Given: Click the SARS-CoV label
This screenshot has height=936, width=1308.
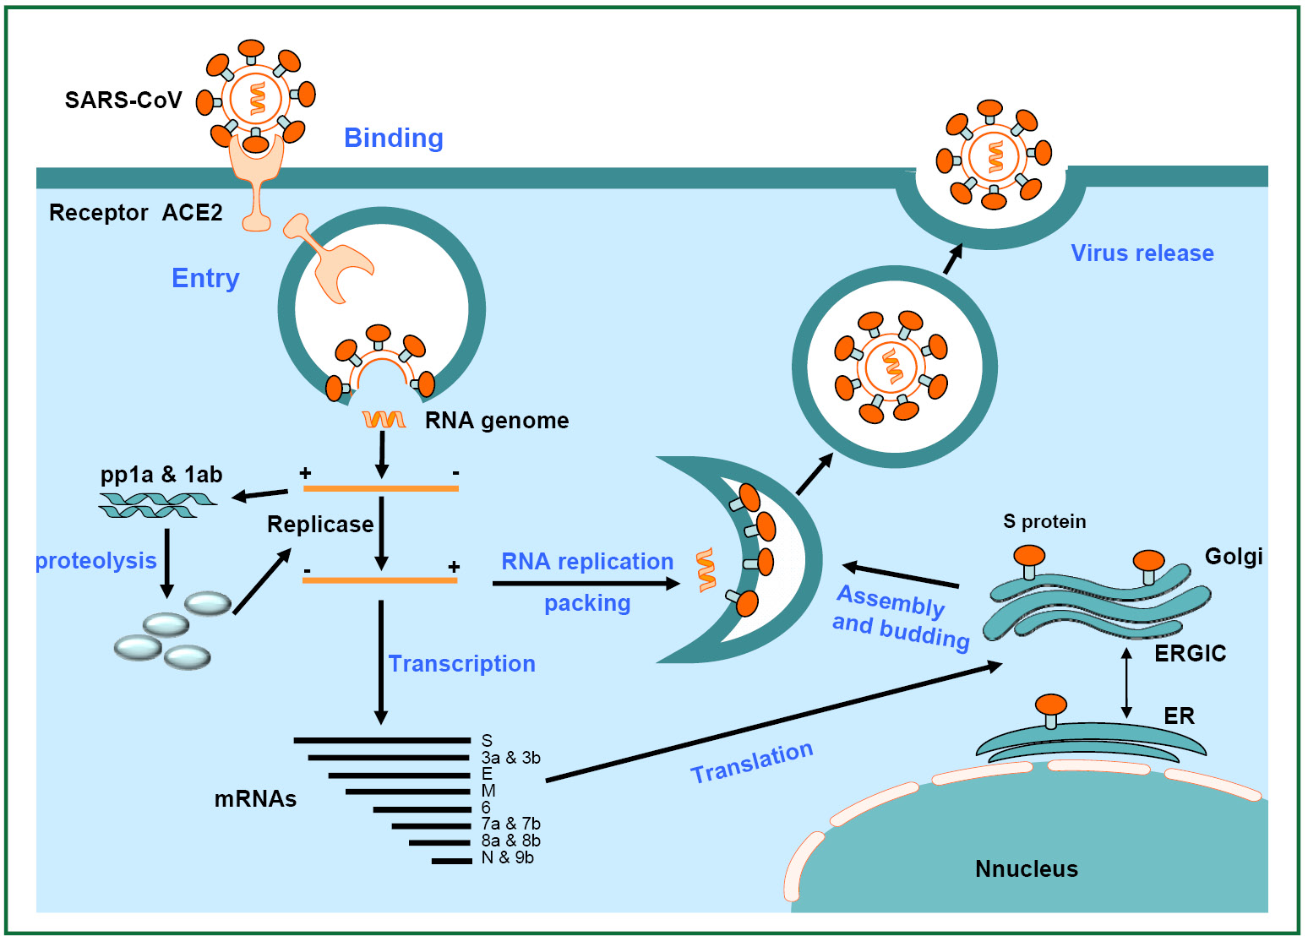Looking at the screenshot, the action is (123, 100).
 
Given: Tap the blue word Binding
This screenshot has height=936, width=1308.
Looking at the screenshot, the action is (394, 139).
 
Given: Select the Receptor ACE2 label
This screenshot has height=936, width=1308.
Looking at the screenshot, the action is (135, 213).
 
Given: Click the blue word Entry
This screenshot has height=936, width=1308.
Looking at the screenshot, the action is (205, 279).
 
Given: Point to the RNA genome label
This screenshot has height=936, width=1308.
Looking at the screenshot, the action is (497, 421).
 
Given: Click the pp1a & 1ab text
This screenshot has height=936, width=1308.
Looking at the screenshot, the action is (161, 474).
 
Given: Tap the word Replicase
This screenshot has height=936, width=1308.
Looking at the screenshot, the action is (320, 524).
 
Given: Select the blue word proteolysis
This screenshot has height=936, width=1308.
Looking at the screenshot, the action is (95, 561).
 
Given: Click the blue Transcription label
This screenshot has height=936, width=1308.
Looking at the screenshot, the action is (462, 663).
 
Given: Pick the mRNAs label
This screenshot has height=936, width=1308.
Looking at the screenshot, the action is (255, 799).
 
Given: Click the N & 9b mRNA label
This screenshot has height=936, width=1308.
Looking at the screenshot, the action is (508, 857).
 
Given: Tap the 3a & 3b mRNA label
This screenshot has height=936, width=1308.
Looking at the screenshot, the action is (511, 757).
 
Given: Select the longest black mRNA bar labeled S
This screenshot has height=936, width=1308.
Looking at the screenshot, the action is (382, 740).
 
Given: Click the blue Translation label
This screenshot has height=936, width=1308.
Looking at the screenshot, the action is (752, 762).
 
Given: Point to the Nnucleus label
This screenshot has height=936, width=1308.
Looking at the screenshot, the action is (1027, 869).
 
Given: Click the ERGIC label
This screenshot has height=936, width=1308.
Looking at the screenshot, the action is (1190, 653).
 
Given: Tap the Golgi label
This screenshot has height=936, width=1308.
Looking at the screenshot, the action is (1234, 557).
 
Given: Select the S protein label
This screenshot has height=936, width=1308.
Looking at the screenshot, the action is (1044, 521).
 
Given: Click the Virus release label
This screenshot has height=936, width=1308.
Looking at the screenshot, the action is (1142, 253).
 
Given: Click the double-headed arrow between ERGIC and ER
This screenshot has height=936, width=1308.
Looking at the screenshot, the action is (1127, 682).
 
